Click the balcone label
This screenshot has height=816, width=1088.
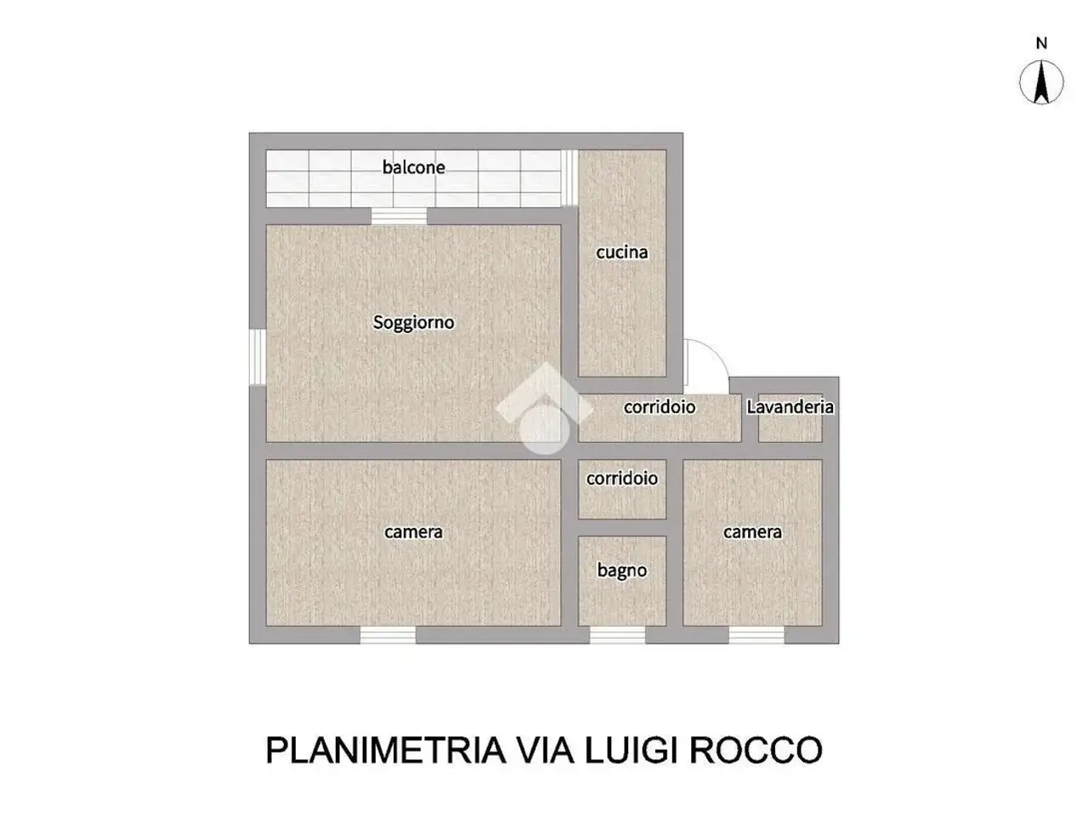(x=413, y=167)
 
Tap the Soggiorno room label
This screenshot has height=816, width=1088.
(x=413, y=322)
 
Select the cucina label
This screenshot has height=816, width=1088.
(x=621, y=252)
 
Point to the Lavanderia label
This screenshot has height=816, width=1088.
(x=790, y=407)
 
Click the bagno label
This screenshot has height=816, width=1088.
(x=622, y=570)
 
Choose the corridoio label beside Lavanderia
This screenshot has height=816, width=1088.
(x=660, y=407)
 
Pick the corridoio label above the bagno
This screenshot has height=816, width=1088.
(x=622, y=479)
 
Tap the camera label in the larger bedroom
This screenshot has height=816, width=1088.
(x=413, y=533)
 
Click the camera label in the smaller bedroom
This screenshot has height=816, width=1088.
(x=752, y=533)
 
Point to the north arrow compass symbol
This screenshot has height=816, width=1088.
(x=1041, y=82)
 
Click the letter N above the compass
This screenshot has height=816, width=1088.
(x=1041, y=43)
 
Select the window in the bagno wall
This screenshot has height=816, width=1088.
(x=617, y=635)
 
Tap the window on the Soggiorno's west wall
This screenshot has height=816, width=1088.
(x=258, y=357)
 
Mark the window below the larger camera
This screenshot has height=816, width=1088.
(x=388, y=635)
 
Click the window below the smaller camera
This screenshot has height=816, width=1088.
(x=756, y=635)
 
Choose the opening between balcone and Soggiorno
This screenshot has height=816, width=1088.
(x=399, y=217)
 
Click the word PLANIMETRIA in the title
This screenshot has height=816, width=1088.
(x=386, y=750)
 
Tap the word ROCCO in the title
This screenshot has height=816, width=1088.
(x=756, y=750)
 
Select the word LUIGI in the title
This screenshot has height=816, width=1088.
(x=631, y=750)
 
